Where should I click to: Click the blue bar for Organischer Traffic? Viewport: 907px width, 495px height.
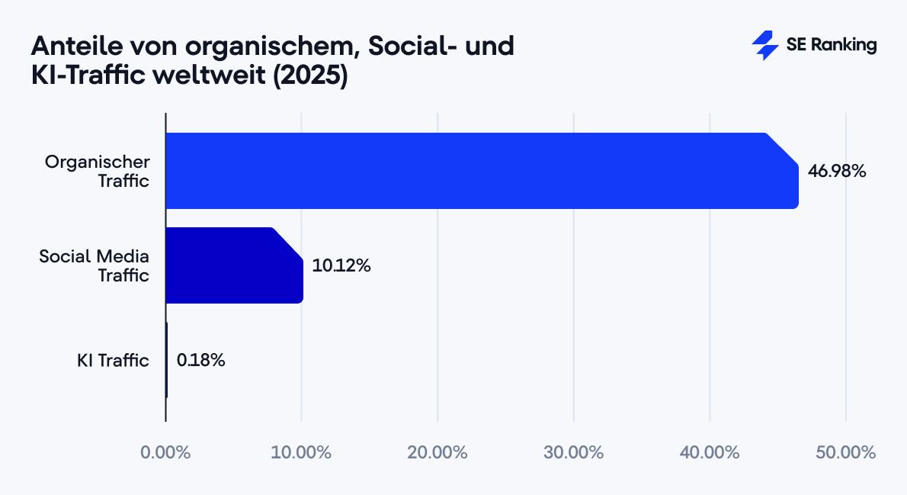tap(480, 171)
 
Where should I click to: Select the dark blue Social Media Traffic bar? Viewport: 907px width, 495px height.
tap(234, 265)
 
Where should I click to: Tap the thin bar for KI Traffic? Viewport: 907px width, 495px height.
tap(166, 360)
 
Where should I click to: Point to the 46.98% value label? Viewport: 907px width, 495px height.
tap(837, 171)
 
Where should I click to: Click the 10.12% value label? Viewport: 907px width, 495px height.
tap(341, 266)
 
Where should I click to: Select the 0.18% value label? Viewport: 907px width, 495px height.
tap(200, 360)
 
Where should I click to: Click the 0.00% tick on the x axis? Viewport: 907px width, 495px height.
tap(165, 452)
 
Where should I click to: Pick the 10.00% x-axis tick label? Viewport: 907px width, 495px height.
tap(301, 452)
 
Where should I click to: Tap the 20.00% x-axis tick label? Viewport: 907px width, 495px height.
tap(437, 452)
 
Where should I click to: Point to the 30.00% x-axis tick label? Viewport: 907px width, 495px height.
tap(573, 452)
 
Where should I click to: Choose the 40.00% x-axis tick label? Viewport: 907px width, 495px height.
tap(710, 452)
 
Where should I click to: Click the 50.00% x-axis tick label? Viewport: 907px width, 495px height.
tap(845, 452)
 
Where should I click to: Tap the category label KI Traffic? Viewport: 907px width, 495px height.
tap(113, 360)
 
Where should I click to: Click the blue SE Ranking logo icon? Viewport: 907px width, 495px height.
tap(764, 46)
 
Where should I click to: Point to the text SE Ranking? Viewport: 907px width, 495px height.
tap(831, 46)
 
